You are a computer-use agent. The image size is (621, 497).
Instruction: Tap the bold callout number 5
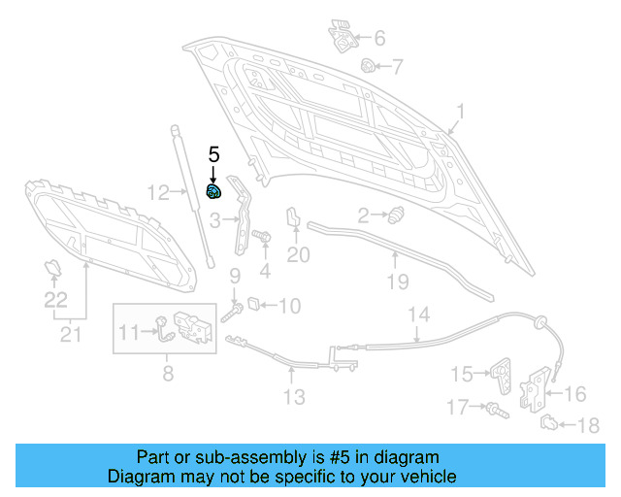[214, 154]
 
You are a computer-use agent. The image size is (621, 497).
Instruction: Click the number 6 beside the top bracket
[379, 38]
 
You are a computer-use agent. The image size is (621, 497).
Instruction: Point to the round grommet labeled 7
[369, 66]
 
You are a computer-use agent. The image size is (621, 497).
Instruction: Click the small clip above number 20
[291, 219]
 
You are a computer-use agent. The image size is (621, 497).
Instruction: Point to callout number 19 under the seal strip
[397, 282]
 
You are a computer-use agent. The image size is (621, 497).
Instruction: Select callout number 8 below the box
[168, 372]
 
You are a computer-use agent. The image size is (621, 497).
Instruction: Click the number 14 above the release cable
[418, 315]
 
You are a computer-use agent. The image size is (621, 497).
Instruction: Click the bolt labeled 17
[494, 409]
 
